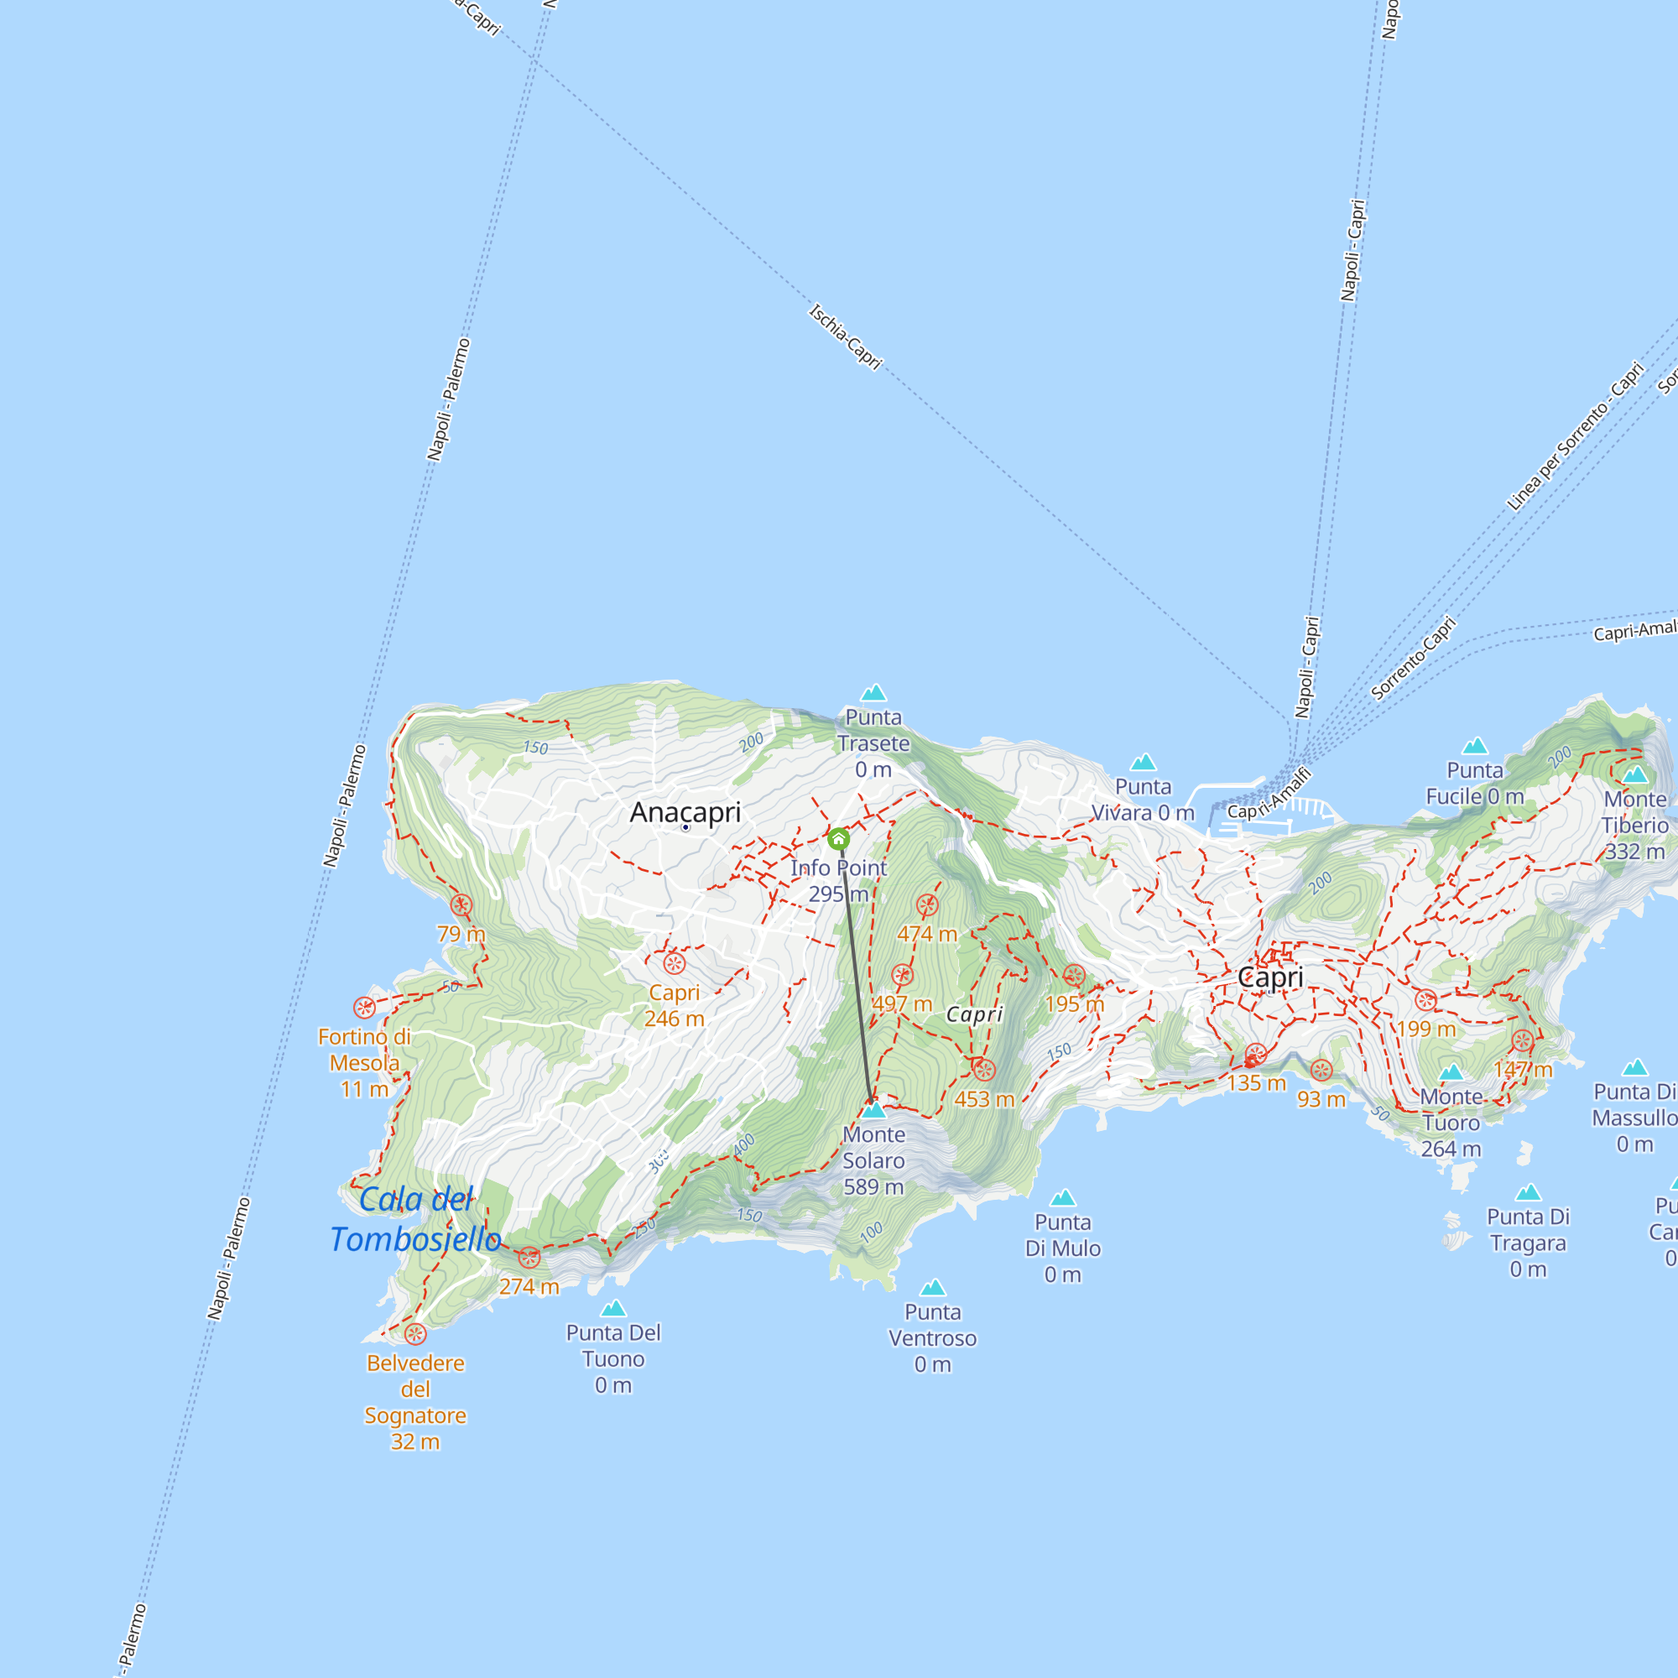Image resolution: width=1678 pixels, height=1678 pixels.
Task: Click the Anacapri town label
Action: (x=685, y=812)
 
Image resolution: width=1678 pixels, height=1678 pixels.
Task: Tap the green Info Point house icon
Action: (x=838, y=839)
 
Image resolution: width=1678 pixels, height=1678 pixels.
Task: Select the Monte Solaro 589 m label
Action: (x=873, y=1160)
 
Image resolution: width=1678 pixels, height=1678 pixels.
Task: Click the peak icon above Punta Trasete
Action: (x=873, y=692)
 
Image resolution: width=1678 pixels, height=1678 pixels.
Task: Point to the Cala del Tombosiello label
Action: (x=415, y=1219)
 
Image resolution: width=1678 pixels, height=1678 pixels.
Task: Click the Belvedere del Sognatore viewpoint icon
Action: (x=415, y=1334)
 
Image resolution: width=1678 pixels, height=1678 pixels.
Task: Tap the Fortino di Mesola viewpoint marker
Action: (x=364, y=1008)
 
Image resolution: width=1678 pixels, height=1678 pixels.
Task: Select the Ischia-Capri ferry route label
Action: (x=845, y=336)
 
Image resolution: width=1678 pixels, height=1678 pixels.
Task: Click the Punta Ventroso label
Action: (x=932, y=1337)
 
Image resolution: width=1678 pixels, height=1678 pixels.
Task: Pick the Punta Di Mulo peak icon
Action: (x=1062, y=1199)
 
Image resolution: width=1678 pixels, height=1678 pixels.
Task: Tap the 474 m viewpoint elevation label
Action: (x=927, y=934)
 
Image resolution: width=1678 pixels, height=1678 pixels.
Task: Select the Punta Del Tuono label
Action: (x=613, y=1358)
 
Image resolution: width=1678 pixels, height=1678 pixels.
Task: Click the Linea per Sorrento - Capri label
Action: (x=1575, y=436)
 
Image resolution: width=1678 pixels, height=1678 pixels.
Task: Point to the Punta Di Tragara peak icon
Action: (x=1528, y=1192)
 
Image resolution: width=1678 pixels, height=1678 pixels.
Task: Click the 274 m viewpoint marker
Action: (x=529, y=1257)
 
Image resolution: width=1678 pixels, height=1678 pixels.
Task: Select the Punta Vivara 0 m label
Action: (x=1143, y=799)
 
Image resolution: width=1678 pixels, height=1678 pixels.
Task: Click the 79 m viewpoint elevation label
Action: (x=461, y=934)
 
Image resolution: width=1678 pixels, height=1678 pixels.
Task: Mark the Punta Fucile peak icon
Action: (x=1475, y=746)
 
